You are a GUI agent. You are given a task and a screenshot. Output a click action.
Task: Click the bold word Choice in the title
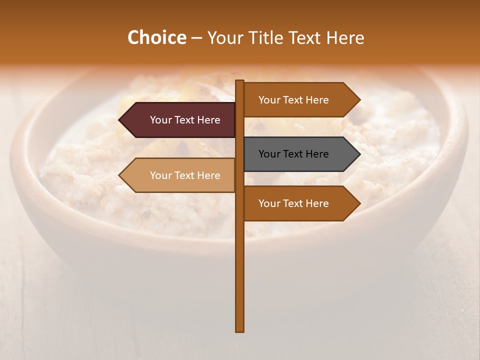(x=156, y=37)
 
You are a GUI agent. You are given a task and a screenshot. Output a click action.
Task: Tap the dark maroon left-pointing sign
(x=180, y=120)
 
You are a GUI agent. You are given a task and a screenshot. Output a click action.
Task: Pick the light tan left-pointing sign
(x=180, y=175)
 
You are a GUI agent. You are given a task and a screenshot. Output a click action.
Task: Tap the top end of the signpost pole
(x=240, y=81)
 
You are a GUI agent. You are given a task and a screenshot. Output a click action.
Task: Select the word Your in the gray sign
(x=269, y=154)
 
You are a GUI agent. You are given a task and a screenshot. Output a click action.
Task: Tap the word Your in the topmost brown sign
(x=269, y=100)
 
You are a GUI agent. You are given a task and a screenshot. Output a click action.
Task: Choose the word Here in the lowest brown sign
(x=317, y=203)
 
